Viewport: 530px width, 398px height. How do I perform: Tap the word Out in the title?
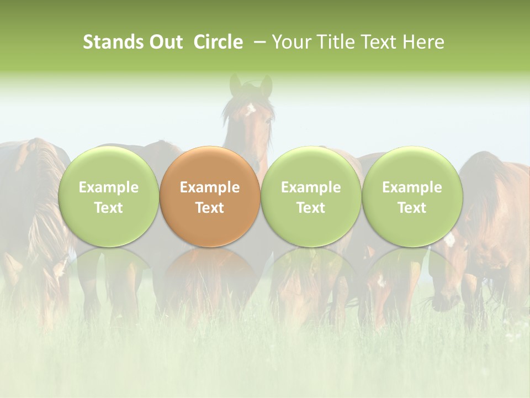166,42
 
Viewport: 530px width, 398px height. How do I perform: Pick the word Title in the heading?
337,42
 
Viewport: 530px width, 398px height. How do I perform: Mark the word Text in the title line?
380,42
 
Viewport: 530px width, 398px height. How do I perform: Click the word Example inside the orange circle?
210,187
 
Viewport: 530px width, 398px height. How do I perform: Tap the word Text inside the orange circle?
210,208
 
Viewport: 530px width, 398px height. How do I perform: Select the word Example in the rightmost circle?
412,187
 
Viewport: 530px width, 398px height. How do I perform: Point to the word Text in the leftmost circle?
109,208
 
